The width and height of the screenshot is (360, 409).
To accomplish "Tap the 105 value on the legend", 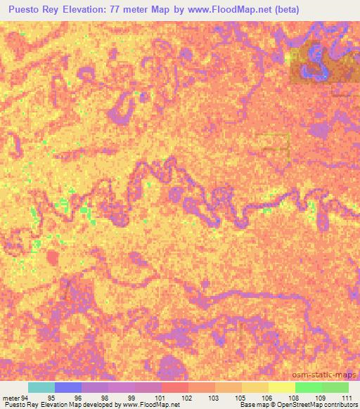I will pyautogui.click(x=240, y=398).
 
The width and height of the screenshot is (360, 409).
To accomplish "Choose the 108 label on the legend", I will pyautogui.click(x=294, y=398).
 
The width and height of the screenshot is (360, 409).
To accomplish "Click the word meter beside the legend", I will pyautogui.click(x=11, y=398).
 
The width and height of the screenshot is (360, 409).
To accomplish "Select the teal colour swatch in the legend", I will pyautogui.click(x=41, y=387).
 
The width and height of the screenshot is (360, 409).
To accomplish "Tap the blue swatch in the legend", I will pyautogui.click(x=68, y=387).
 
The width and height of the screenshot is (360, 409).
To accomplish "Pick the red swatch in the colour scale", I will pyautogui.click(x=175, y=387).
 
